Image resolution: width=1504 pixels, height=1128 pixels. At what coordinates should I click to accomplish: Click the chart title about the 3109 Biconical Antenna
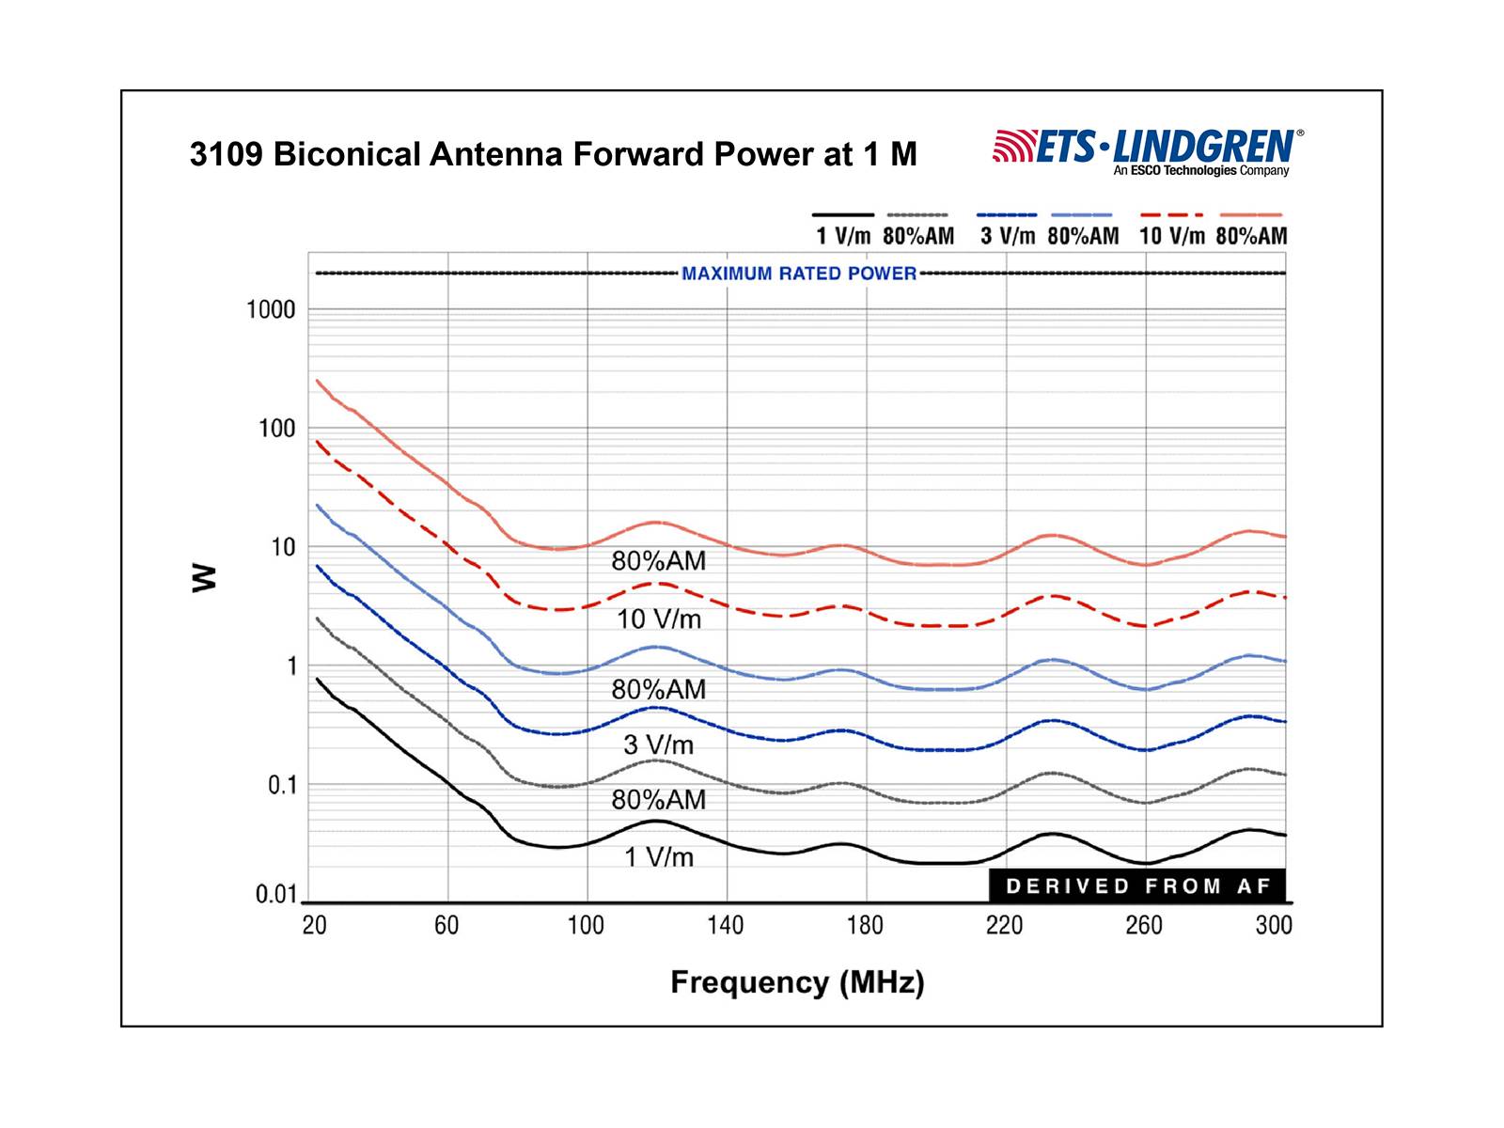pos(553,154)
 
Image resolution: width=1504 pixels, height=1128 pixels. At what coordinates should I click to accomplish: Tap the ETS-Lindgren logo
pos(1148,151)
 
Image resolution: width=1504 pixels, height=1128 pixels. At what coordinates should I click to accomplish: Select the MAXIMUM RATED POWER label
pos(799,274)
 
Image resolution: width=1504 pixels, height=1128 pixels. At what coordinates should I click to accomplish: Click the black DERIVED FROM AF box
pos(1136,885)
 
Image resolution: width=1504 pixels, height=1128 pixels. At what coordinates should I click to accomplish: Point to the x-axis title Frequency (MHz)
pos(797,982)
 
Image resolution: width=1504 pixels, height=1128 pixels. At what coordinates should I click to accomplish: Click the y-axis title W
pos(204,577)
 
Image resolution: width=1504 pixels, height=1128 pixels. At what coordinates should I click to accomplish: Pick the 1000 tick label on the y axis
pos(271,310)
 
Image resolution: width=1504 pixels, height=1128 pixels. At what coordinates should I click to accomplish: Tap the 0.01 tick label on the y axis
pos(275,895)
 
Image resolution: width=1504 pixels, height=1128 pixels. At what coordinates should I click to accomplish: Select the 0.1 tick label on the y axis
pos(281,785)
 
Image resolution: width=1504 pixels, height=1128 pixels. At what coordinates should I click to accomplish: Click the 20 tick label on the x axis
pos(315,926)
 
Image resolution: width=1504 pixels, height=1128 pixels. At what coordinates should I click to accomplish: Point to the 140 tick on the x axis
pos(726,926)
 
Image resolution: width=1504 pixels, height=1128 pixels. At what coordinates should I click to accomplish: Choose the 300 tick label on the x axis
pos(1274,926)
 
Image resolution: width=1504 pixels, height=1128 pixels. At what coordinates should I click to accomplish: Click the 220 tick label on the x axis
pos(1004,926)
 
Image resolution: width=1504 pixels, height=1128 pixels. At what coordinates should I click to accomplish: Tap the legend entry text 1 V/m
pos(843,236)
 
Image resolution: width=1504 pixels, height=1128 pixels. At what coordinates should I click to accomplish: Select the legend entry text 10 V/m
pos(1171,236)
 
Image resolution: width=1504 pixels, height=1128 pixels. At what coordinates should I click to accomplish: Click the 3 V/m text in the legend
pos(1008,236)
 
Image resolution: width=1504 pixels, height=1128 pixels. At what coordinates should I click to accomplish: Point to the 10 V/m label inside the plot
pos(659,619)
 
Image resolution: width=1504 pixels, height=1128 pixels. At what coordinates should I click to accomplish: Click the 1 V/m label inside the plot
pos(659,857)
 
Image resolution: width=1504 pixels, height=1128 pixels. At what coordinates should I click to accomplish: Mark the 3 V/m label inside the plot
pos(659,745)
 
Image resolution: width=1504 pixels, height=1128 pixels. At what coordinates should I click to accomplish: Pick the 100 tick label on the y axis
pos(276,429)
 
